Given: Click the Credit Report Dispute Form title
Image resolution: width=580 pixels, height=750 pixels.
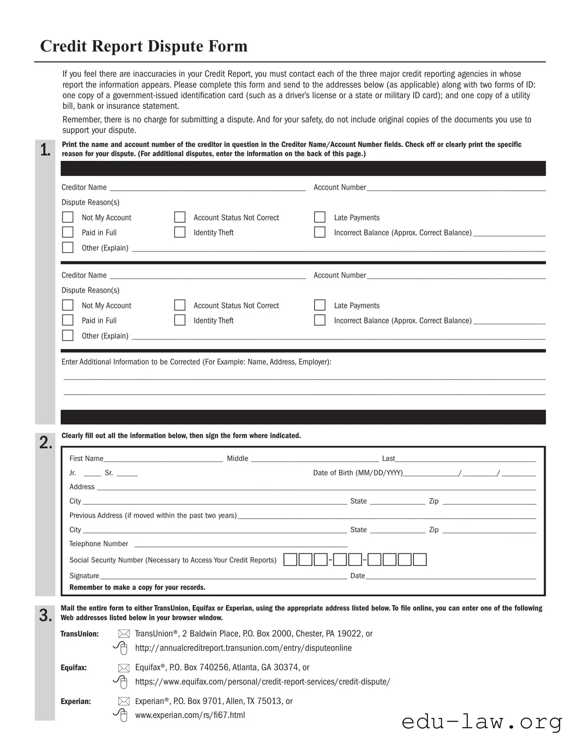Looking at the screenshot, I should tap(144, 46).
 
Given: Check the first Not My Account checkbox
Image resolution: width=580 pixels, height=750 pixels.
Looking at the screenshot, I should tap(68, 217).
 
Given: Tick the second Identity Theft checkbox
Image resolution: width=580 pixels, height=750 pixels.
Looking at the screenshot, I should tap(180, 320).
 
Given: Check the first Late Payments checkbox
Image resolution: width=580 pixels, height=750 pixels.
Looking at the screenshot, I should tap(319, 217).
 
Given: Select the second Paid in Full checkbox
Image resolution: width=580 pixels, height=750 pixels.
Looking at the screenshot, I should tap(68, 320).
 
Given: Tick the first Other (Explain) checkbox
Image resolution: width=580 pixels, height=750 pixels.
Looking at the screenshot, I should tap(68, 247).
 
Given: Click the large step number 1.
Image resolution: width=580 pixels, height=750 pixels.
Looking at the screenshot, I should tap(45, 150).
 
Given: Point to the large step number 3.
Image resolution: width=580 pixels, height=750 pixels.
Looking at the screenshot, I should tap(45, 615).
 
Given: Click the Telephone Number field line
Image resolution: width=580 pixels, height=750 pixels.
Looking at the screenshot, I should tap(241, 544).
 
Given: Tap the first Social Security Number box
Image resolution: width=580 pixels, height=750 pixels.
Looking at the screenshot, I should tap(290, 559).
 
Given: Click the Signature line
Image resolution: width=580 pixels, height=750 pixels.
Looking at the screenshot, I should tap(223, 576).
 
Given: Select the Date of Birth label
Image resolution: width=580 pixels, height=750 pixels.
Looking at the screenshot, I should tap(358, 473).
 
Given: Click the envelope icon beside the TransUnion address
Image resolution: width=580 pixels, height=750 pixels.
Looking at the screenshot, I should tap(124, 634).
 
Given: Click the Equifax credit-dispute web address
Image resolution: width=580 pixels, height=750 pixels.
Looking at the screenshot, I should tap(263, 682).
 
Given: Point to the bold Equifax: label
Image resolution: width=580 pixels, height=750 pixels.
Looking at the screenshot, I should tap(74, 667).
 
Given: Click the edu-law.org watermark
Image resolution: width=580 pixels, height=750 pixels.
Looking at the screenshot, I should tap(482, 722).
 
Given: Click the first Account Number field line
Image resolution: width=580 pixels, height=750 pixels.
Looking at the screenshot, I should tap(456, 188).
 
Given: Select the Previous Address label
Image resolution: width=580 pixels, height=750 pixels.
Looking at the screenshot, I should tap(153, 515).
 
